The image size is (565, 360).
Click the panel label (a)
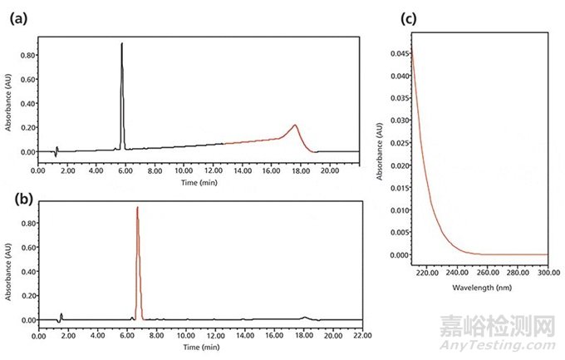pyautogui.click(x=17, y=19)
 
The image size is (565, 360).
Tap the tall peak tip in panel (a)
pyautogui.click(x=122, y=44)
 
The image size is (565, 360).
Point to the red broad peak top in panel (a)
pyautogui.click(x=294, y=126)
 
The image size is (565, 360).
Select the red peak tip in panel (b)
pyautogui.click(x=137, y=208)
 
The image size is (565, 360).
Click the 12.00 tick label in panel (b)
pyautogui.click(x=217, y=337)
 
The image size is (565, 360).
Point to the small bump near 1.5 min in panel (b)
pyautogui.click(x=61, y=315)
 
